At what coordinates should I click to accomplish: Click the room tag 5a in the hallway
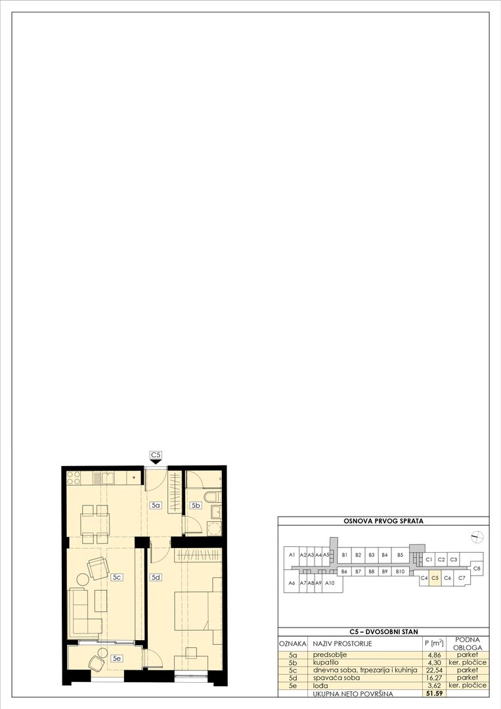[x=156, y=505]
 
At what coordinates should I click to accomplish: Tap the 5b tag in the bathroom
[x=196, y=505]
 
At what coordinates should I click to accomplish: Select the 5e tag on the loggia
[x=117, y=659]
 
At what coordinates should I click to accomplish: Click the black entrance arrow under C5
[x=156, y=462]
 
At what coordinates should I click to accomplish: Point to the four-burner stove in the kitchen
[x=74, y=478]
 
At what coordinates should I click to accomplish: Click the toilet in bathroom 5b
[x=213, y=498]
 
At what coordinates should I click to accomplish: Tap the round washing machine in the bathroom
[x=214, y=529]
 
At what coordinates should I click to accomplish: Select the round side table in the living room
[x=83, y=579]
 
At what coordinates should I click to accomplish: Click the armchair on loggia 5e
[x=97, y=663]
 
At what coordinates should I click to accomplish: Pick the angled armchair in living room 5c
[x=98, y=569]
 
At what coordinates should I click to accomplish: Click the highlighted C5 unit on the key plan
[x=435, y=578]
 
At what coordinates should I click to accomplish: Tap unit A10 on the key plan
[x=330, y=583]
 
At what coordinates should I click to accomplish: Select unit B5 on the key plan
[x=400, y=555]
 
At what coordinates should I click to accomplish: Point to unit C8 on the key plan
[x=477, y=569]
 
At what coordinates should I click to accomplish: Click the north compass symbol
[x=477, y=537]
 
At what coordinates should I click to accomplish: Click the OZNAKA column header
[x=293, y=643]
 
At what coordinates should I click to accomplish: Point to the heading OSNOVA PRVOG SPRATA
[x=383, y=521]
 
